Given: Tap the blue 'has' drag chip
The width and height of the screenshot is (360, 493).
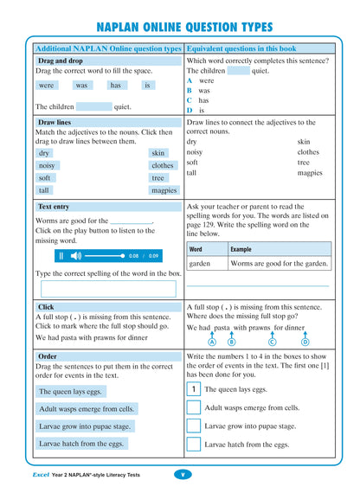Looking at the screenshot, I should point(115,86).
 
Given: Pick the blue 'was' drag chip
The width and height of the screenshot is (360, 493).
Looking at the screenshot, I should point(81,86).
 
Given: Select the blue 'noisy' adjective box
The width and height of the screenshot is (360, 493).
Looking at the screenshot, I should point(47,165).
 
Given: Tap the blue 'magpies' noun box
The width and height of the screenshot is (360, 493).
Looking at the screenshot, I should point(163,190).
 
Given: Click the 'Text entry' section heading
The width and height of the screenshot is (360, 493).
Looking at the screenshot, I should point(54,208).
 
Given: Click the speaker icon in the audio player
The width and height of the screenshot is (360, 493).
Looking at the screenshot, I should point(75,256).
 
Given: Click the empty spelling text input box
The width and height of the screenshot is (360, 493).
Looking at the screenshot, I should point(107,289).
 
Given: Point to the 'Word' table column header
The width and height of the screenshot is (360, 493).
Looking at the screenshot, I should point(196,249).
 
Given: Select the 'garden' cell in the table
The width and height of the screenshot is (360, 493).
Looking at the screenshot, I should point(200,264).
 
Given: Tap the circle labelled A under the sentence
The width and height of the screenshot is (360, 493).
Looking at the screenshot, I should point(212,342).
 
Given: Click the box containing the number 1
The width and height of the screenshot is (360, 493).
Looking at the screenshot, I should point(194,389).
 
